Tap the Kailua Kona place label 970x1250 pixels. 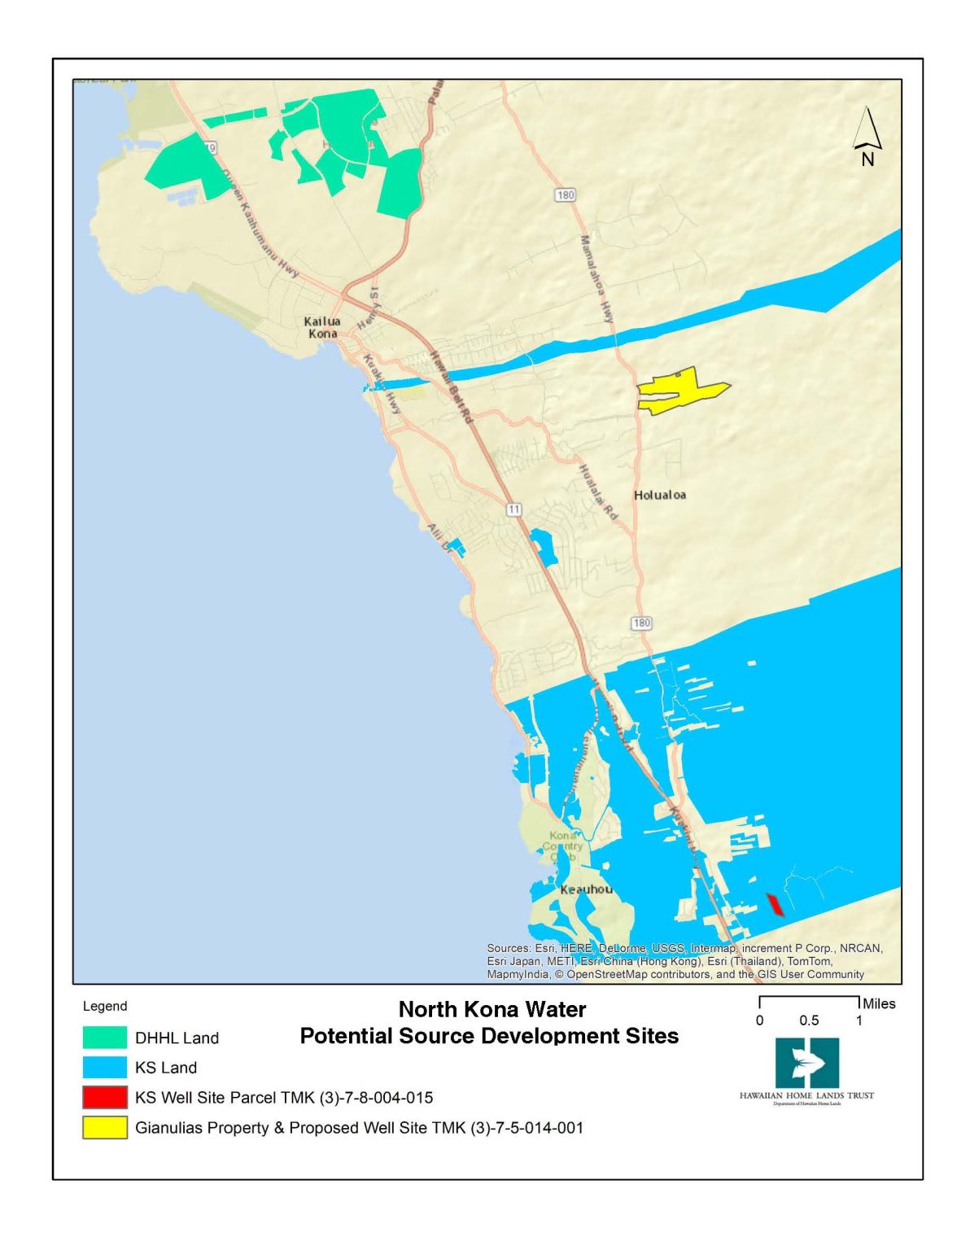(322, 327)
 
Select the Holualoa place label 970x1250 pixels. (659, 495)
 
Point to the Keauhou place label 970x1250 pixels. (586, 889)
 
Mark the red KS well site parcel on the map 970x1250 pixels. (775, 904)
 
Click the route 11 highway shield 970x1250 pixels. (513, 509)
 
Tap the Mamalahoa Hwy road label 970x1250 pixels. (596, 279)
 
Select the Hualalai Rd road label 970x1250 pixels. (598, 492)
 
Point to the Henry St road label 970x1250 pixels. (369, 308)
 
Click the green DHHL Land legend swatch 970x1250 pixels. (105, 1038)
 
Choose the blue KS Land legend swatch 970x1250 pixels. (105, 1068)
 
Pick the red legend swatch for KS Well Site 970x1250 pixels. (105, 1098)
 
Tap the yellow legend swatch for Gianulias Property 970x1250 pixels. (105, 1128)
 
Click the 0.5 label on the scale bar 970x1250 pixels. (809, 1021)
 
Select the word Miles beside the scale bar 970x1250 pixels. (879, 1003)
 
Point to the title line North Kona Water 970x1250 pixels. (492, 1009)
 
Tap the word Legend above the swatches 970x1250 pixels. (105, 1006)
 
